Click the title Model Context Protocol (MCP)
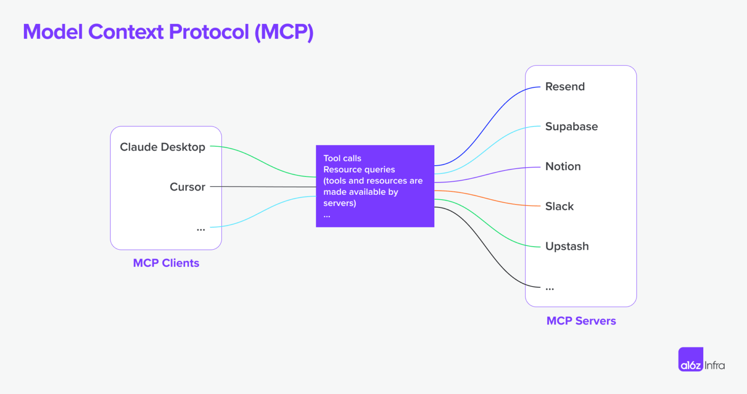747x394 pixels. point(168,32)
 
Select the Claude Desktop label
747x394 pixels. point(162,147)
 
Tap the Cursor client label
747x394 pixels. point(187,187)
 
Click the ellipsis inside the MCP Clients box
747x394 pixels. point(200,229)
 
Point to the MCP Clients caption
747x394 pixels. point(166,263)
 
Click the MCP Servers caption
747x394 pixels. point(581,321)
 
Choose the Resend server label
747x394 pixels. point(565,87)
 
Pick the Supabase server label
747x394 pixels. point(571,127)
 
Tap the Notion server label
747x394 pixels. point(563,167)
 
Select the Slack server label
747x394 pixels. point(559,206)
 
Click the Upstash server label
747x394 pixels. point(567,246)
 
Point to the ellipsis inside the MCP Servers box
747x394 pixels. point(550,289)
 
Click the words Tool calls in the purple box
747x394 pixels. point(342,158)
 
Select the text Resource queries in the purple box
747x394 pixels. point(359,170)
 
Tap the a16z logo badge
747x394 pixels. point(691,360)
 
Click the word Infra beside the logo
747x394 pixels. point(715,365)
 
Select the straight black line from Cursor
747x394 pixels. point(263,187)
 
